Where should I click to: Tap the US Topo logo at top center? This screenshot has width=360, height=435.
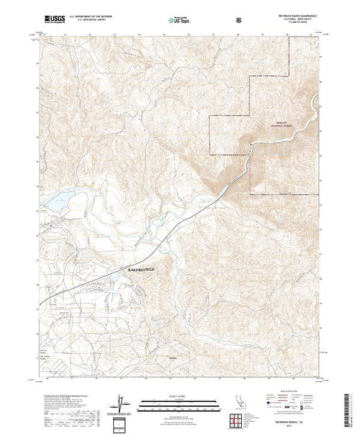180,20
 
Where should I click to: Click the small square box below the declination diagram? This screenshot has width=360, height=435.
122,420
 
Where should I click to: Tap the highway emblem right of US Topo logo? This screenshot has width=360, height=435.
238,20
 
